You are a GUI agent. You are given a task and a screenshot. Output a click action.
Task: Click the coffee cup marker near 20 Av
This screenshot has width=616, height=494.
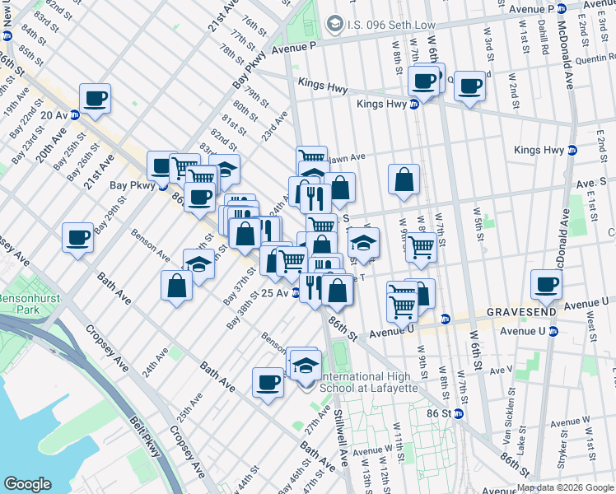[x=95, y=97]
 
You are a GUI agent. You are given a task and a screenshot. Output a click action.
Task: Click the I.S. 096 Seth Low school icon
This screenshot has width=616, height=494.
[x=334, y=25]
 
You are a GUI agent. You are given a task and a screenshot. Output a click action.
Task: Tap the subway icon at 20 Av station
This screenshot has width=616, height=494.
[x=74, y=115]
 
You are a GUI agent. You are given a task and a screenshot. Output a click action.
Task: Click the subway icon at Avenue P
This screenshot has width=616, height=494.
[x=561, y=9]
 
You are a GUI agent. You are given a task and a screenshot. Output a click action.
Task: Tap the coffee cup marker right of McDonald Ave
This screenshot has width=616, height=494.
[x=547, y=286]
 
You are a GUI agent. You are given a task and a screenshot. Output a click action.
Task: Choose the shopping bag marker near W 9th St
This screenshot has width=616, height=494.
[x=404, y=179]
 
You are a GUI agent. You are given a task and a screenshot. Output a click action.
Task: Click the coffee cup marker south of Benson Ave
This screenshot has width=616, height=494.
[x=78, y=237]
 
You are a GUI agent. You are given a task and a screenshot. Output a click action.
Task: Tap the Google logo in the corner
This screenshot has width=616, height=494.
[x=27, y=484]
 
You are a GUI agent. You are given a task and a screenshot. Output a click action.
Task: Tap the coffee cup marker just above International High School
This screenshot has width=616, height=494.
[x=268, y=382]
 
